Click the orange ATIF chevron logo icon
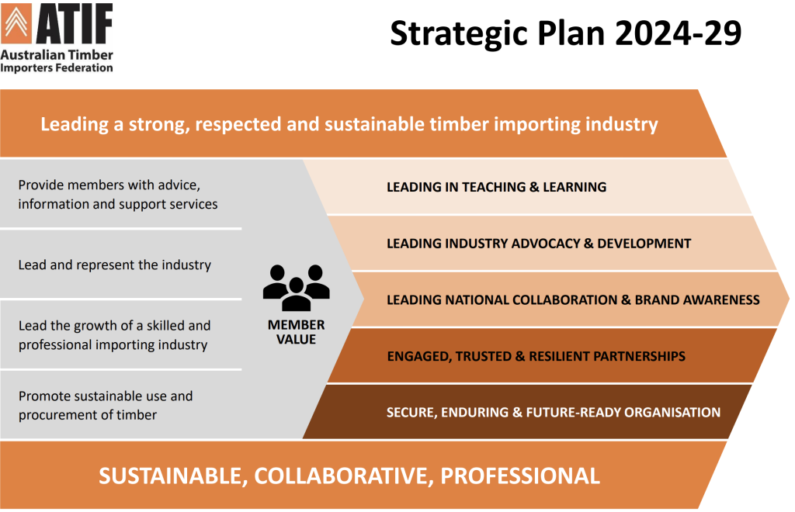click(16, 22)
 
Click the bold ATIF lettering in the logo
click(74, 23)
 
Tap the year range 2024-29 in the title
click(679, 33)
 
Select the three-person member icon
click(296, 287)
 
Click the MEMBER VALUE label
click(296, 332)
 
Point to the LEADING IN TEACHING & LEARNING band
click(496, 187)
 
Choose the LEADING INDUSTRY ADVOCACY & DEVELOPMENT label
click(539, 244)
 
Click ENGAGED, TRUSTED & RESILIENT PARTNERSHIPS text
click(536, 357)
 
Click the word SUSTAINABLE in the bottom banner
click(173, 476)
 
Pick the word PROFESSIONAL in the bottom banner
click(519, 476)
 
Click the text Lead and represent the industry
click(115, 265)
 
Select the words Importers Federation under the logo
click(56, 67)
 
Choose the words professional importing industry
click(113, 345)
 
